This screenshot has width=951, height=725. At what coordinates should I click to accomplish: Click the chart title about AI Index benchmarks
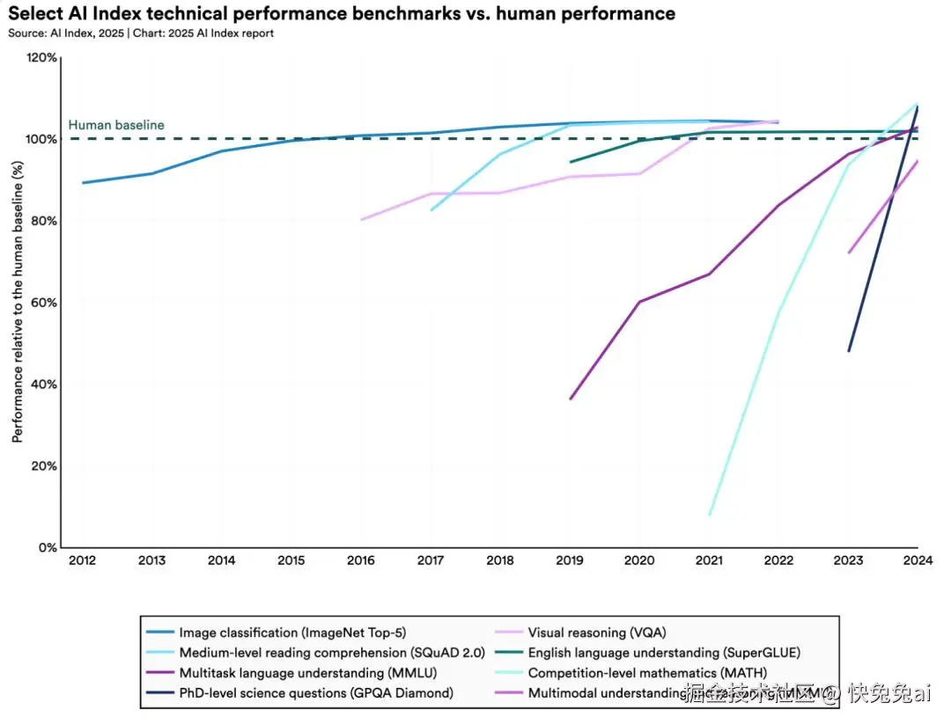pyautogui.click(x=342, y=14)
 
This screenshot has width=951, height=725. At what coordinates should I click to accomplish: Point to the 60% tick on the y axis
pyautogui.click(x=43, y=303)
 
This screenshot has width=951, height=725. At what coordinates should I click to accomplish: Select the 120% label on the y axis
pyautogui.click(x=41, y=58)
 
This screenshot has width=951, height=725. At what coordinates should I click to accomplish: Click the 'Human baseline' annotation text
pyautogui.click(x=116, y=125)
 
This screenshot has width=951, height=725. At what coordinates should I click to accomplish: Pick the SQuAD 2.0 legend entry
pyautogui.click(x=316, y=653)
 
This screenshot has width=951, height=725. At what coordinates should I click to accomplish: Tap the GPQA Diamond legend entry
pyautogui.click(x=316, y=693)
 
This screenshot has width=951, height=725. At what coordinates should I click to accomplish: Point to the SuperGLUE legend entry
pyautogui.click(x=664, y=653)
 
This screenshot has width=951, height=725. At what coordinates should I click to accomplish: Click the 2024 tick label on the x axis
pyautogui.click(x=918, y=560)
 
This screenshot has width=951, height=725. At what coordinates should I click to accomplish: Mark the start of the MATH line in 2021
pyautogui.click(x=709, y=515)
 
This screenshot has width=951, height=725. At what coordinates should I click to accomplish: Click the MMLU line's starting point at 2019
pyautogui.click(x=571, y=399)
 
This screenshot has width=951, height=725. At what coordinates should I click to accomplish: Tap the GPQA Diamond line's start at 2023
pyautogui.click(x=849, y=351)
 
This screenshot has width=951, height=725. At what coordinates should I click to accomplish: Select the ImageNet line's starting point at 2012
pyautogui.click(x=82, y=183)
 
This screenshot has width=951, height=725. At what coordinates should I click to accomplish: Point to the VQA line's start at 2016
pyautogui.click(x=362, y=220)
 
